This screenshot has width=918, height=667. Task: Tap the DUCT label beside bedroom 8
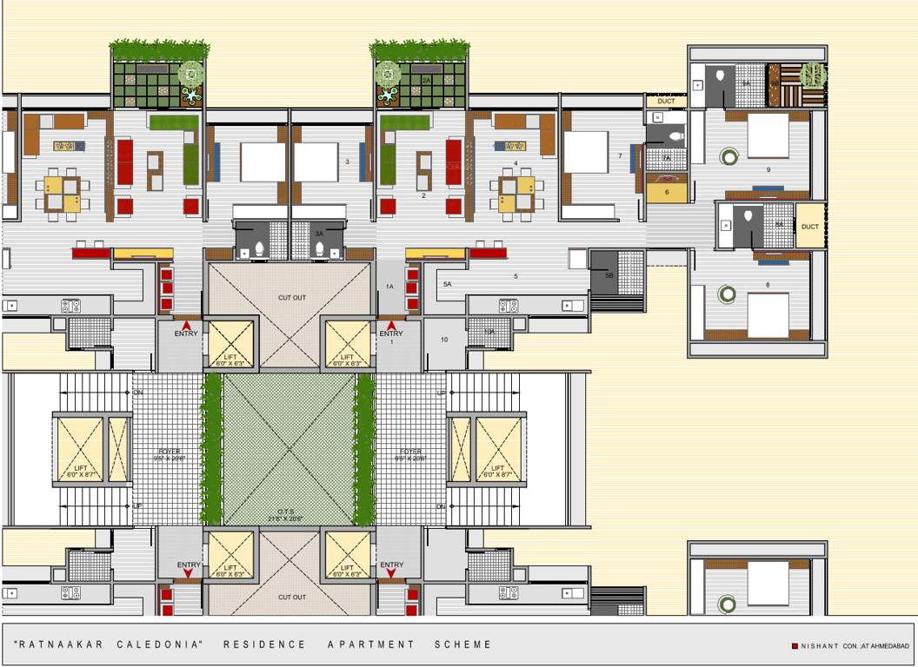tap(809, 227)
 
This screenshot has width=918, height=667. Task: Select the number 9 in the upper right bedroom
tap(768, 168)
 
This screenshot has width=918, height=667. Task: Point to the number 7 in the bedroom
tap(620, 156)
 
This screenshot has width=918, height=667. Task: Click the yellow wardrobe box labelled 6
tap(667, 189)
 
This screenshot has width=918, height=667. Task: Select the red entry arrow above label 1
tap(391, 325)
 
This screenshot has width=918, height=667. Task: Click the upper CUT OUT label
tap(291, 298)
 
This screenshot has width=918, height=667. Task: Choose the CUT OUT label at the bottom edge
tap(291, 598)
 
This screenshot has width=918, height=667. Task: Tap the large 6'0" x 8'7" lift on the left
tap(78, 449)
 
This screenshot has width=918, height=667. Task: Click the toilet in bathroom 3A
tap(319, 248)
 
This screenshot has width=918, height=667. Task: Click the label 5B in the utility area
tap(609, 275)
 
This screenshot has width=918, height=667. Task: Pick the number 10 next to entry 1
tap(443, 340)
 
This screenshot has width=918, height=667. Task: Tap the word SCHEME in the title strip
tap(462, 644)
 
